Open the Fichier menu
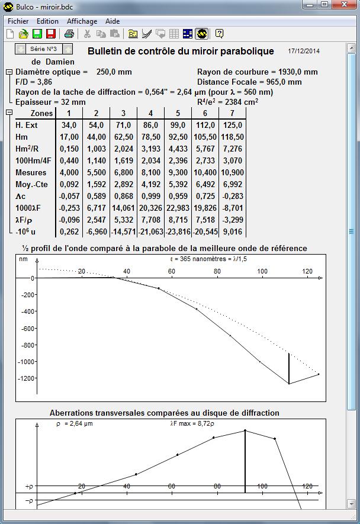click(x=18, y=21)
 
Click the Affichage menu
click(x=82, y=21)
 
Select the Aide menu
click(x=112, y=21)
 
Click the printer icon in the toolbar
click(x=69, y=34)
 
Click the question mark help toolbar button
click(x=219, y=34)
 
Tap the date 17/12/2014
click(x=304, y=52)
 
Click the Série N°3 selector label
click(x=43, y=49)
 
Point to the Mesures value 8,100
click(x=150, y=172)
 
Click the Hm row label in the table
click(x=21, y=137)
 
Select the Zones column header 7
click(x=232, y=113)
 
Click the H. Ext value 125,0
click(x=232, y=125)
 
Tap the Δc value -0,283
click(x=232, y=195)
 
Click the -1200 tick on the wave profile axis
click(x=25, y=378)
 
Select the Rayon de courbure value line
click(x=257, y=72)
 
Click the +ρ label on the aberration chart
click(x=29, y=486)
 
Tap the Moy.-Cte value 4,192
click(x=150, y=184)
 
